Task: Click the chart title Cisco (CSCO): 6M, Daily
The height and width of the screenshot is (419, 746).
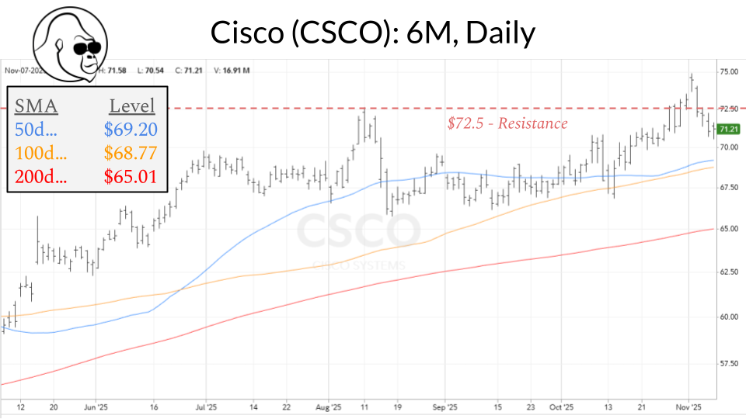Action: [x=373, y=32]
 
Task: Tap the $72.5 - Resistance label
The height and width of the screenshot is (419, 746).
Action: [x=507, y=123]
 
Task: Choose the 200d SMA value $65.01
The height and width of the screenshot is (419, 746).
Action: [x=130, y=176]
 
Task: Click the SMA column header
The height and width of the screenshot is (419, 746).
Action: [x=37, y=106]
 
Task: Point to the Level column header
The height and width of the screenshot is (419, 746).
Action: [x=131, y=106]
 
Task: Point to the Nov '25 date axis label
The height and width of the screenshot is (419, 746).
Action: [x=688, y=406]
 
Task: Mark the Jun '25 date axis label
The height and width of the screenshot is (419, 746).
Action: [x=94, y=406]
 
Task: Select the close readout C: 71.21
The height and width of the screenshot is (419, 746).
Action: [x=189, y=71]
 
